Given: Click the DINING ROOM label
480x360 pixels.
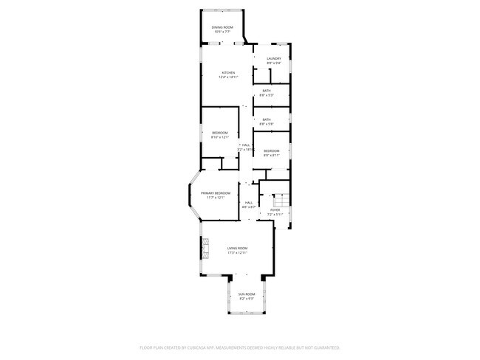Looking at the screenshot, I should pyautogui.click(x=222, y=27).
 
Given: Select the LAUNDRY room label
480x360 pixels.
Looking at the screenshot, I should pyautogui.click(x=274, y=58).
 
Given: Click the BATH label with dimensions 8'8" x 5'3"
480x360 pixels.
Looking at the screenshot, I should pyautogui.click(x=267, y=91).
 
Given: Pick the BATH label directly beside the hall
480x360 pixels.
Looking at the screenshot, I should pyautogui.click(x=267, y=119).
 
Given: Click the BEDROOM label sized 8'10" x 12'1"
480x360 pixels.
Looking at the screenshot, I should pyautogui.click(x=220, y=133).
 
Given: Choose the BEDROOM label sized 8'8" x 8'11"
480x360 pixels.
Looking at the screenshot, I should pyautogui.click(x=272, y=150).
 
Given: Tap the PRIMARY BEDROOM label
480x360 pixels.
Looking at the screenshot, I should pyautogui.click(x=216, y=193).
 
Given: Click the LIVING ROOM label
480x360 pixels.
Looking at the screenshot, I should pyautogui.click(x=237, y=248).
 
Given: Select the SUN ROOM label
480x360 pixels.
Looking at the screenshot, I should pyautogui.click(x=247, y=294).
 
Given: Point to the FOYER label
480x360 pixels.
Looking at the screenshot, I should pyautogui.click(x=275, y=210).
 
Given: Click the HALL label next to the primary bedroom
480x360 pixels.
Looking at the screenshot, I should pyautogui.click(x=249, y=202).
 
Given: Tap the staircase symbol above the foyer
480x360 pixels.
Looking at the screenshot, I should pyautogui.click(x=281, y=201).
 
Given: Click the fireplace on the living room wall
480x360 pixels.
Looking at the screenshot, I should pyautogui.click(x=205, y=250).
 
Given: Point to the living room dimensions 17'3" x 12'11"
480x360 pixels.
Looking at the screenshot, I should pyautogui.click(x=237, y=253).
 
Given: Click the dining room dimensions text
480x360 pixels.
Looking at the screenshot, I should pyautogui.click(x=222, y=32).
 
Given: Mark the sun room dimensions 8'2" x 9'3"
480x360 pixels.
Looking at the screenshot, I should pyautogui.click(x=247, y=299).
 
